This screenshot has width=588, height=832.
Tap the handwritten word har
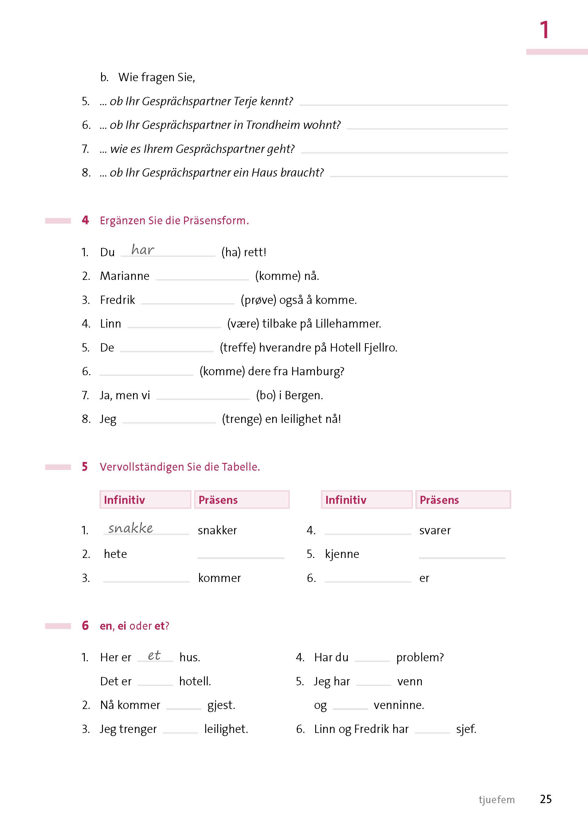(x=142, y=250)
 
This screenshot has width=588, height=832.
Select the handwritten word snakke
(x=131, y=528)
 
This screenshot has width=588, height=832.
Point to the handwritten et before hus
(x=154, y=655)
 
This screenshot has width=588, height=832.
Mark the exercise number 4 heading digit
(x=85, y=220)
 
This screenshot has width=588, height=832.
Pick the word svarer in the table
(x=435, y=530)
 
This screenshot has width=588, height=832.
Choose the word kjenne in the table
(x=342, y=554)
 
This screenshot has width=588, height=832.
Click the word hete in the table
(x=115, y=554)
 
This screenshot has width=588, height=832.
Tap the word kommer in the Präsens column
(x=219, y=578)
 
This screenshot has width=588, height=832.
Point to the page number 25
(x=546, y=799)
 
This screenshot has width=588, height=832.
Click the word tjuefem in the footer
(x=496, y=799)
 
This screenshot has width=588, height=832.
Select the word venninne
(x=399, y=705)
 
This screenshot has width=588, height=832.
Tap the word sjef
(x=466, y=729)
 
